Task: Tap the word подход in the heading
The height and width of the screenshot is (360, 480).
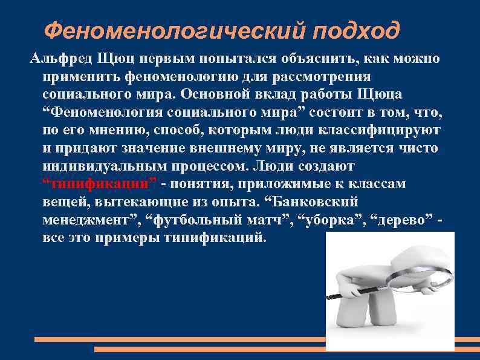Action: pyautogui.click(x=357, y=28)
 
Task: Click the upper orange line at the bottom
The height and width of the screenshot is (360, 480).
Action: pyautogui.click(x=181, y=339)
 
